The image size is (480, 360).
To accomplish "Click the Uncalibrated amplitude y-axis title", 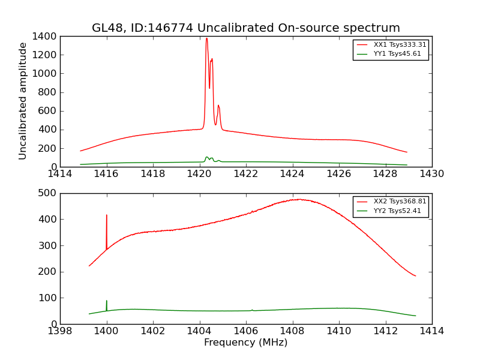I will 23,101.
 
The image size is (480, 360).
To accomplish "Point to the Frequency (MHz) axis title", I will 245,343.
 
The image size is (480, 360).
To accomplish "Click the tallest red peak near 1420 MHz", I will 206,39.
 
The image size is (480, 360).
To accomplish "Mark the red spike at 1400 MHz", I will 107,216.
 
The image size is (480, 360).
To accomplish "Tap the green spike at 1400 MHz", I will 107,301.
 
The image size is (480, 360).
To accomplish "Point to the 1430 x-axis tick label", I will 431,174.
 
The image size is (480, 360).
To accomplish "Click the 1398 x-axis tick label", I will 60,331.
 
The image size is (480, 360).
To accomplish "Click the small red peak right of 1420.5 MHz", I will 218,106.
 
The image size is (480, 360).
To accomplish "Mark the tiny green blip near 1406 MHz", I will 252,310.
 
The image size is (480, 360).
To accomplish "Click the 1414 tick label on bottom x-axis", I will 431,331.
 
